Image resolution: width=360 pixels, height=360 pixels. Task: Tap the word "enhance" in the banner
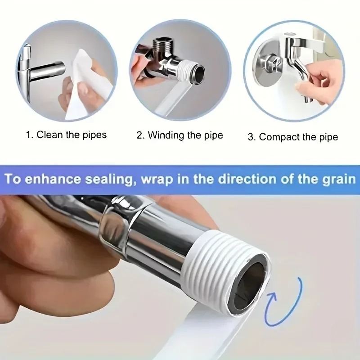coord(53,179)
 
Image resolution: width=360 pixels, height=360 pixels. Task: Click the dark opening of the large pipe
coord(250,281)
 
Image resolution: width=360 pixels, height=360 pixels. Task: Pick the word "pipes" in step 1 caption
coord(94,135)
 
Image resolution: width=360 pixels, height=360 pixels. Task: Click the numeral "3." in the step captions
coord(252,137)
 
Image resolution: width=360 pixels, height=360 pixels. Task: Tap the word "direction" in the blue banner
coord(247,179)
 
